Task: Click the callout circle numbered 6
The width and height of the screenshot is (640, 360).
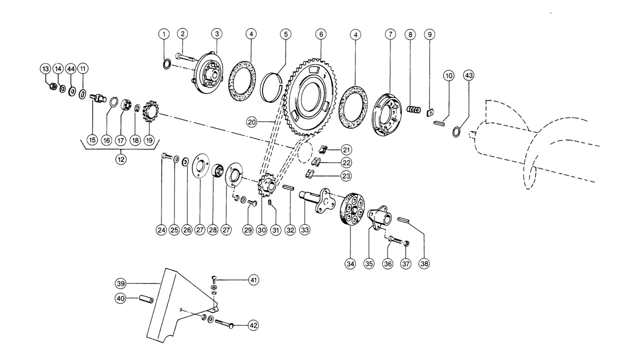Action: [x=320, y=34]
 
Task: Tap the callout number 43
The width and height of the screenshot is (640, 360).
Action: [x=468, y=75]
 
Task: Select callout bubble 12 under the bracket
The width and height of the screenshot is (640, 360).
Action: [x=120, y=160]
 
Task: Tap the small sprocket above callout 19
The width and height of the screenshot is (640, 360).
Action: [x=150, y=109]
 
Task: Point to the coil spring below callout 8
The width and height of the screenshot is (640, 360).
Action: [x=413, y=109]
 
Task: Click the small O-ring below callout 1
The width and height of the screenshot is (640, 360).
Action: [x=169, y=64]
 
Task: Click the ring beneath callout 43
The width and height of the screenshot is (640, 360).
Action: [x=456, y=131]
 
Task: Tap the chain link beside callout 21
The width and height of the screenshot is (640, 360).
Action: [x=324, y=149]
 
